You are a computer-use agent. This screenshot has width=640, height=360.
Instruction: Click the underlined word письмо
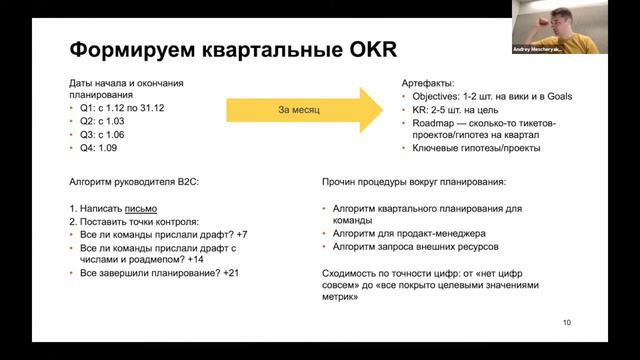coord(141,209)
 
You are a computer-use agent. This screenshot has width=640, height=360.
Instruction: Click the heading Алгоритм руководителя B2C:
coord(127,183)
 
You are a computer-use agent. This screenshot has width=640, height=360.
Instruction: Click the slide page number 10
coord(567,322)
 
